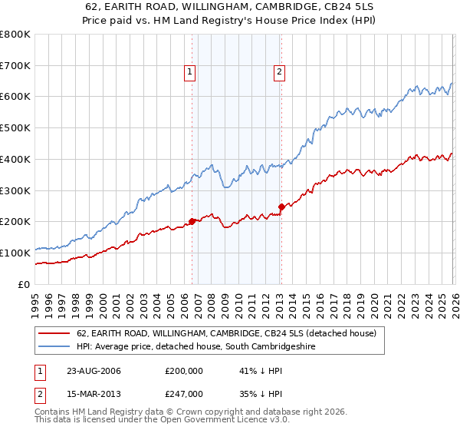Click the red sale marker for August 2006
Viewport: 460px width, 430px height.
[192, 221]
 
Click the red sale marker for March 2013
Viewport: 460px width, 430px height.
[281, 207]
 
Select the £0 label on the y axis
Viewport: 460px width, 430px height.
[23, 284]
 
